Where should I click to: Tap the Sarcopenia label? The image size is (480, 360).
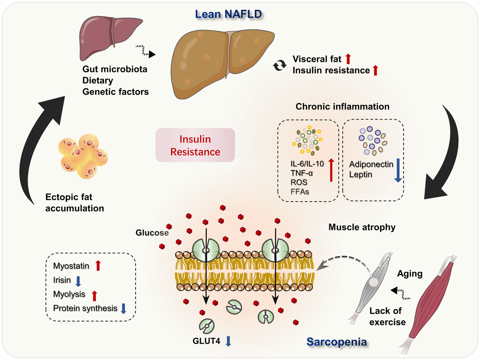pos(337,342)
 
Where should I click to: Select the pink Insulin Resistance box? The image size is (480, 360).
pos(195,145)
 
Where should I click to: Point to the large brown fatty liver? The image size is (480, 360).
pos(223,64)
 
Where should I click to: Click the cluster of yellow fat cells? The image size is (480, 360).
pos(84,156)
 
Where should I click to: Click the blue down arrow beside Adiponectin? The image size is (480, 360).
pos(398,170)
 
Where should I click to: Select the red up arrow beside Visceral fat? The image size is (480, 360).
pos(348,59)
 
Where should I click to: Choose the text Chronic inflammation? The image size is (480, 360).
pos(342,107)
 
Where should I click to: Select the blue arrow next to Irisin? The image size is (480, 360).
pos(78,280)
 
